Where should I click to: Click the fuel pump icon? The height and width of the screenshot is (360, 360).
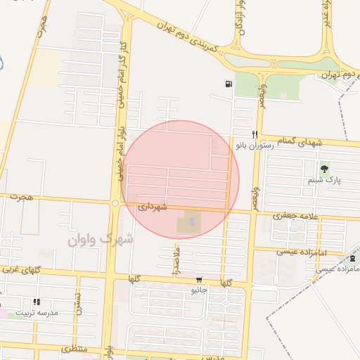tap(229, 84)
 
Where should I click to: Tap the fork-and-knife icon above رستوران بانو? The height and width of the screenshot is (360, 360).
tap(255, 134)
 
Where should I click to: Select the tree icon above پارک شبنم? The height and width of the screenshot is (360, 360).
tap(324, 168)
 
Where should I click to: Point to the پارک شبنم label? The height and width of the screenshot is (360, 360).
tap(324, 181)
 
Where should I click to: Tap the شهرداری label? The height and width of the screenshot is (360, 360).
tap(152, 208)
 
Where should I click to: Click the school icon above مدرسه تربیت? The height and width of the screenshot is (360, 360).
tap(37, 302)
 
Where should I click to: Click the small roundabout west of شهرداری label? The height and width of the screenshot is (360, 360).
tap(115, 203)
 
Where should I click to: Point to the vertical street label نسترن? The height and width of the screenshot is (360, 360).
tap(79, 303)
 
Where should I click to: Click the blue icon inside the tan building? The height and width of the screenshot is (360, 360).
tap(193, 222)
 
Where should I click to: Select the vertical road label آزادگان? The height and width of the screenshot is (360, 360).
tap(240, 17)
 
